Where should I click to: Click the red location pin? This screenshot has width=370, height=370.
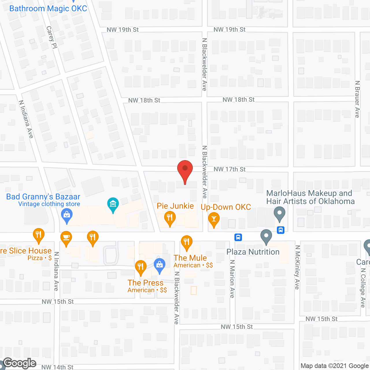click(x=185, y=171)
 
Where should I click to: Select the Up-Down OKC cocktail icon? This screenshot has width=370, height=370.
click(x=214, y=219)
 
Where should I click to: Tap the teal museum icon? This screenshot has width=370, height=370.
click(x=113, y=205)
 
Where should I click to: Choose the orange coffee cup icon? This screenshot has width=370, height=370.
click(x=66, y=238)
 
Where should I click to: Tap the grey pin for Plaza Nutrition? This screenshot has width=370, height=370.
click(x=266, y=236)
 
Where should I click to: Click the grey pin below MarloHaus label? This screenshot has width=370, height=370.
click(x=279, y=214)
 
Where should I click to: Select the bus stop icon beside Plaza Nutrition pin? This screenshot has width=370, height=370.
click(x=238, y=237)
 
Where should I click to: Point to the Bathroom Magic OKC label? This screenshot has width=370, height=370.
click(x=48, y=8)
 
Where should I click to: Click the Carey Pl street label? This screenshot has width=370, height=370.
click(x=51, y=37)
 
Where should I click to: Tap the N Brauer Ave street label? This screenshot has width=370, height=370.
click(x=357, y=99)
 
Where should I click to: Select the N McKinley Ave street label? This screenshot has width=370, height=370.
click(x=297, y=267)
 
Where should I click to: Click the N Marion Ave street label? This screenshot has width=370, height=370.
click(x=232, y=279)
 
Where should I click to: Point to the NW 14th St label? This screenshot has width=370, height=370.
click(x=57, y=367)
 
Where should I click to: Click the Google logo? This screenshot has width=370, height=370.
click(x=20, y=363)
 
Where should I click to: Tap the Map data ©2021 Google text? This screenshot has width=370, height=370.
click(x=334, y=366)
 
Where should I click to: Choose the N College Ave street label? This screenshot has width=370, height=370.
click(x=363, y=288)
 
